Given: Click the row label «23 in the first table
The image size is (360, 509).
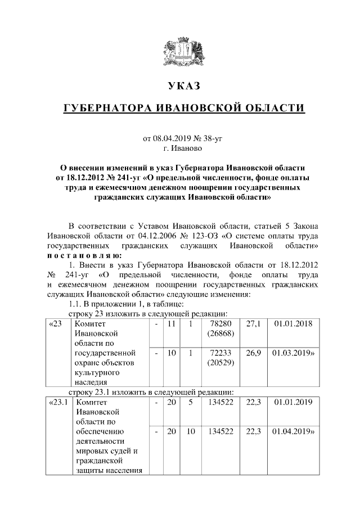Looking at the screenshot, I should [56, 325].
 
